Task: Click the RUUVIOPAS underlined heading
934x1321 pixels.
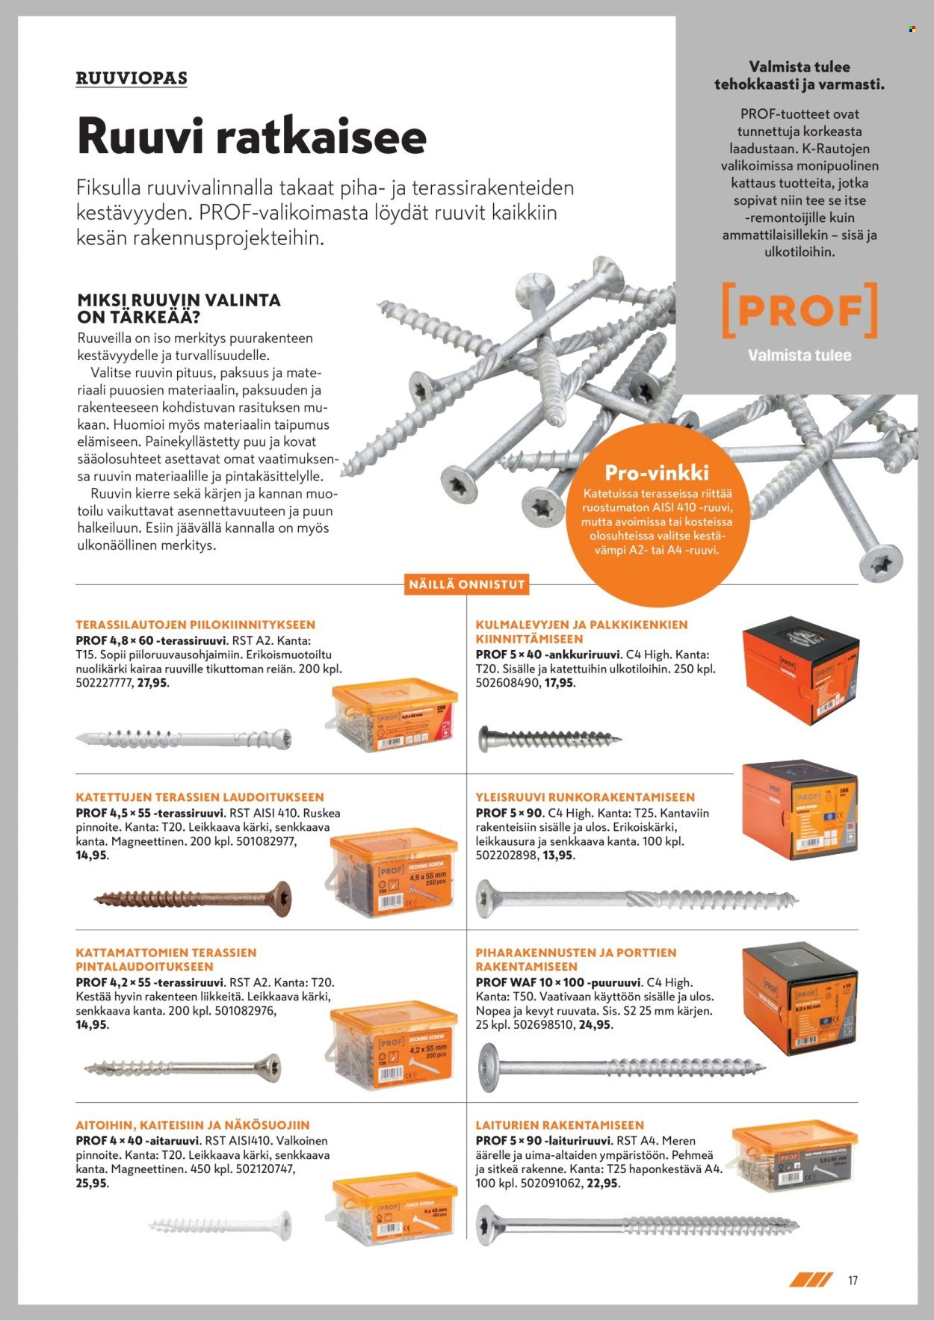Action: tap(132, 78)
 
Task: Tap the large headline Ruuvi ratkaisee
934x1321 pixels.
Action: tap(251, 137)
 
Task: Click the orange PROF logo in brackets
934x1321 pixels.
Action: tap(799, 310)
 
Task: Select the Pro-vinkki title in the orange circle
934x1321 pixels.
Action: tap(656, 472)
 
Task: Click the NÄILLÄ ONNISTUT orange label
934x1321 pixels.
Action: tap(467, 584)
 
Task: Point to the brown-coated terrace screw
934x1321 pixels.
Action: tap(193, 899)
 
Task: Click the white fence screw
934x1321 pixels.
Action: tap(220, 1225)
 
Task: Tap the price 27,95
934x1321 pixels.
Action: tap(152, 683)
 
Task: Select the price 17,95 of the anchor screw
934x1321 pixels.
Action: tap(560, 683)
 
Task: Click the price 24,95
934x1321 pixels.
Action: tap(596, 1025)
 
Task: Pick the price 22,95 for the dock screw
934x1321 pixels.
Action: tap(603, 1184)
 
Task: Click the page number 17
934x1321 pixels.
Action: tap(853, 1281)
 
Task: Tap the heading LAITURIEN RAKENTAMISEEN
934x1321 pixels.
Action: tap(560, 1124)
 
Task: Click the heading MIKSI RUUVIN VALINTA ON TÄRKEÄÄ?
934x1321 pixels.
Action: tap(179, 308)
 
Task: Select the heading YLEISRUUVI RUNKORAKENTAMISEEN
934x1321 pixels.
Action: tap(585, 797)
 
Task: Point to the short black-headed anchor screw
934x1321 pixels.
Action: tap(549, 740)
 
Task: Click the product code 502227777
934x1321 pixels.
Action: tap(104, 683)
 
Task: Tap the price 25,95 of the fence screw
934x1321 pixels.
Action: tap(92, 1184)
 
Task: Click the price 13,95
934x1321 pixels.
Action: tap(559, 855)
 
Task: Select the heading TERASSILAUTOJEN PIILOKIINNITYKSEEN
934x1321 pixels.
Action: tap(195, 625)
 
